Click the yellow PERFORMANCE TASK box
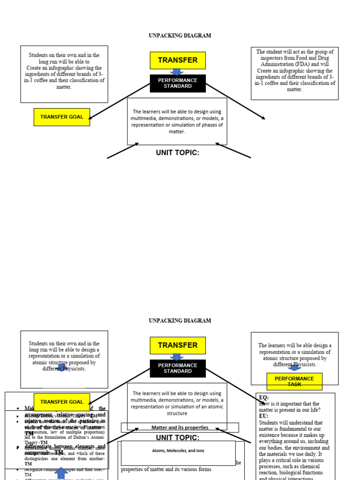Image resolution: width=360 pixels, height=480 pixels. [294, 381]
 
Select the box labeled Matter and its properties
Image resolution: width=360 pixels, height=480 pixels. [180, 427]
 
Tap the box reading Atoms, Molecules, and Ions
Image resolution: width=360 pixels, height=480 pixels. [178, 451]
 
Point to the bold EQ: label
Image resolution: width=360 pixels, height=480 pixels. [264, 397]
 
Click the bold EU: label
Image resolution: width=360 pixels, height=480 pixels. [264, 416]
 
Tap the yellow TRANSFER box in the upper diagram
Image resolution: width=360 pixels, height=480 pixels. [178, 60]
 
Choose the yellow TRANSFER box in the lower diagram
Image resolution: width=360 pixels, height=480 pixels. [178, 345]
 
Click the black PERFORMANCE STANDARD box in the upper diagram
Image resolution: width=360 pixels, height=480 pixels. [178, 83]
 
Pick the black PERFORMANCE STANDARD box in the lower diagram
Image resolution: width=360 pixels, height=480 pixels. [178, 368]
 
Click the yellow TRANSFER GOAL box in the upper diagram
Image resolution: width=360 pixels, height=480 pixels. [61, 117]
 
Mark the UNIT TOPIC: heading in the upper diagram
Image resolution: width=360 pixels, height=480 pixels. [178, 153]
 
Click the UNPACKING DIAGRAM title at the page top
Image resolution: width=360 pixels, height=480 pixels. [180, 36]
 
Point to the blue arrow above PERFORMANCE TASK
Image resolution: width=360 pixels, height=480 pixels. [294, 367]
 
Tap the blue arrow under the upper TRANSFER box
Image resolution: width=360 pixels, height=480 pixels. [177, 72]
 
